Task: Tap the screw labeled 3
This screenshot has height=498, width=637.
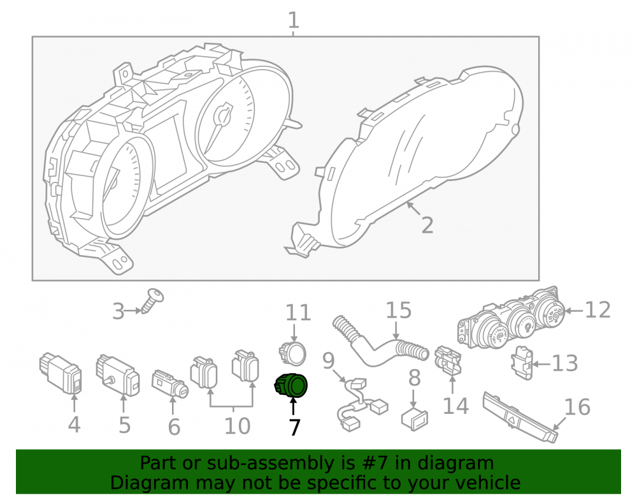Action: tap(153, 300)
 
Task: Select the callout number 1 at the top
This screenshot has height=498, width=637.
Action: tap(293, 20)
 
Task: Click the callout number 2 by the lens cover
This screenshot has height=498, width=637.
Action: tap(427, 225)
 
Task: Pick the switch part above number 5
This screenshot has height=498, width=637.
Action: tap(118, 375)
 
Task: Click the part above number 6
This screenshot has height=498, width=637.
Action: tap(170, 384)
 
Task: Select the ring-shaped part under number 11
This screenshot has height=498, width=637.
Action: tap(292, 353)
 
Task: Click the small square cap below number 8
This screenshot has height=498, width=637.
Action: tap(415, 420)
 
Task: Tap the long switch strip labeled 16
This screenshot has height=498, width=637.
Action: tap(520, 416)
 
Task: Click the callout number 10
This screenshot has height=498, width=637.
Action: tap(237, 426)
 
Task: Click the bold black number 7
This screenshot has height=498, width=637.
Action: tap(294, 427)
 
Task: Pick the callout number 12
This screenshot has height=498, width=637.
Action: tap(598, 310)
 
